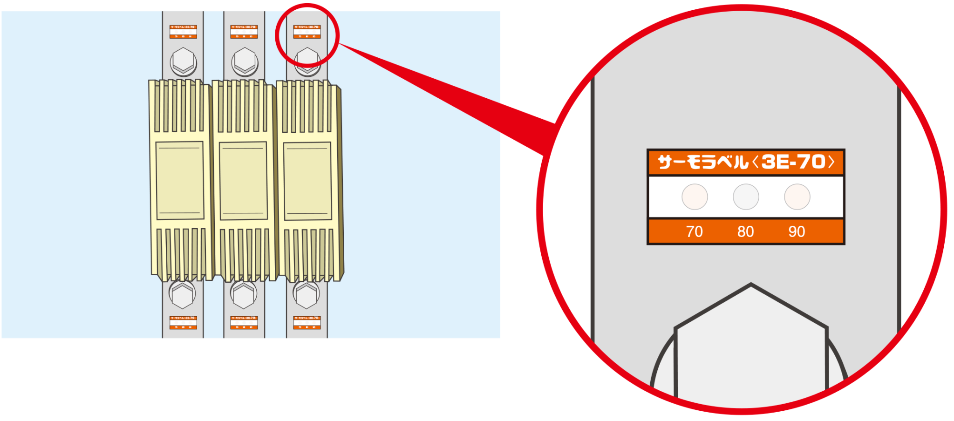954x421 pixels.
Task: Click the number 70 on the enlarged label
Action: [694, 231]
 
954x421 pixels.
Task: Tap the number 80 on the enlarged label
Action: [745, 231]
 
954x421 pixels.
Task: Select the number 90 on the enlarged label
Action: [797, 231]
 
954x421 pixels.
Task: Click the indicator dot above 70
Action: [695, 197]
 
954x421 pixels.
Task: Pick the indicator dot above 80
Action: [746, 197]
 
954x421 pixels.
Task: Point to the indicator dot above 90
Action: [797, 197]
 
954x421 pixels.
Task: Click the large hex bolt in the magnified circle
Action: [750, 345]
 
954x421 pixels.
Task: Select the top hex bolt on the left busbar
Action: [183, 61]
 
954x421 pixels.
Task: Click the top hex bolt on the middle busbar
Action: [245, 61]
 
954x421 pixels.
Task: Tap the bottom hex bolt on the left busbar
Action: [182, 294]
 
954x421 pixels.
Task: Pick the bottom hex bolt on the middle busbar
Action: [244, 294]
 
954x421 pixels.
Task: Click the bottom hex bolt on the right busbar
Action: [306, 294]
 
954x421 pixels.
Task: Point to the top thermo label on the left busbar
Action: [183, 32]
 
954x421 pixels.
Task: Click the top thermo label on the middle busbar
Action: [244, 32]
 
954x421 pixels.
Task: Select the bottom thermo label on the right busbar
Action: [307, 322]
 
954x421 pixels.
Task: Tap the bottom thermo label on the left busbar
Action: [183, 322]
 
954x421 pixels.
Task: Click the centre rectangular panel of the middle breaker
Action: [243, 181]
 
